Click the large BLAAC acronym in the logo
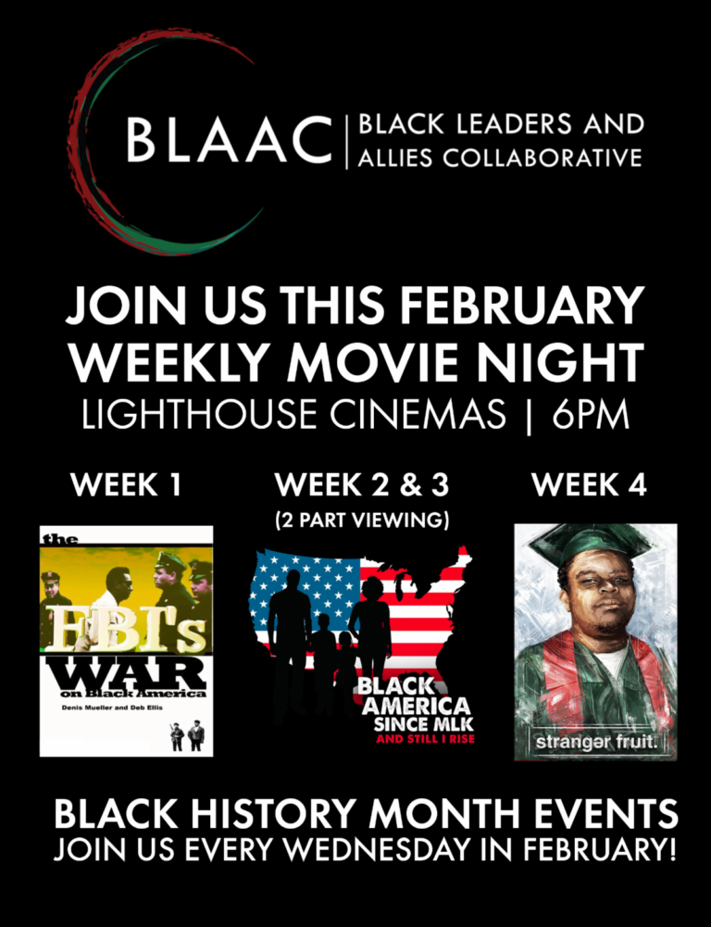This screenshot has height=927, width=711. pos(230,139)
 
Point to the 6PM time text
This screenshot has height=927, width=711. pos(591,415)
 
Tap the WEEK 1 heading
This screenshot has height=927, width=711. pos(125,484)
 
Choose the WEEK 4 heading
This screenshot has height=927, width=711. pos(589,484)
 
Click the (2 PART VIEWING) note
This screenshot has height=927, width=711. pos(362,520)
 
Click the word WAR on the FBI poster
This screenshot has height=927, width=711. pos(125,673)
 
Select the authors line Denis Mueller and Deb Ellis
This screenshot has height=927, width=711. pos(112,708)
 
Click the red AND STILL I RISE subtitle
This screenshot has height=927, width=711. pos(426,738)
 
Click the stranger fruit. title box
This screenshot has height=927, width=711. pos(597,741)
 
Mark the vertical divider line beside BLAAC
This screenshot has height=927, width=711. pos(347,143)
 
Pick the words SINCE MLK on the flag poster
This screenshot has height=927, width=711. pos(423,723)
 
